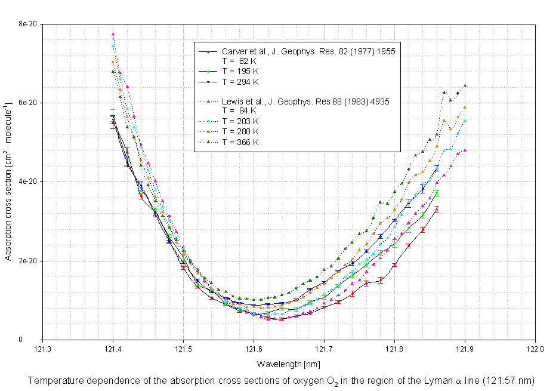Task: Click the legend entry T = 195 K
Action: (240, 70)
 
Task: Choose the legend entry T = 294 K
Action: (240, 81)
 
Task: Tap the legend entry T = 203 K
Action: (240, 121)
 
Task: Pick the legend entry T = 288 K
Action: (240, 131)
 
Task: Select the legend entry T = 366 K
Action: (240, 142)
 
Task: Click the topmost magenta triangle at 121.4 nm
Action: (113, 34)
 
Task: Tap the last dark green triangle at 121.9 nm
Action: (465, 85)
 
